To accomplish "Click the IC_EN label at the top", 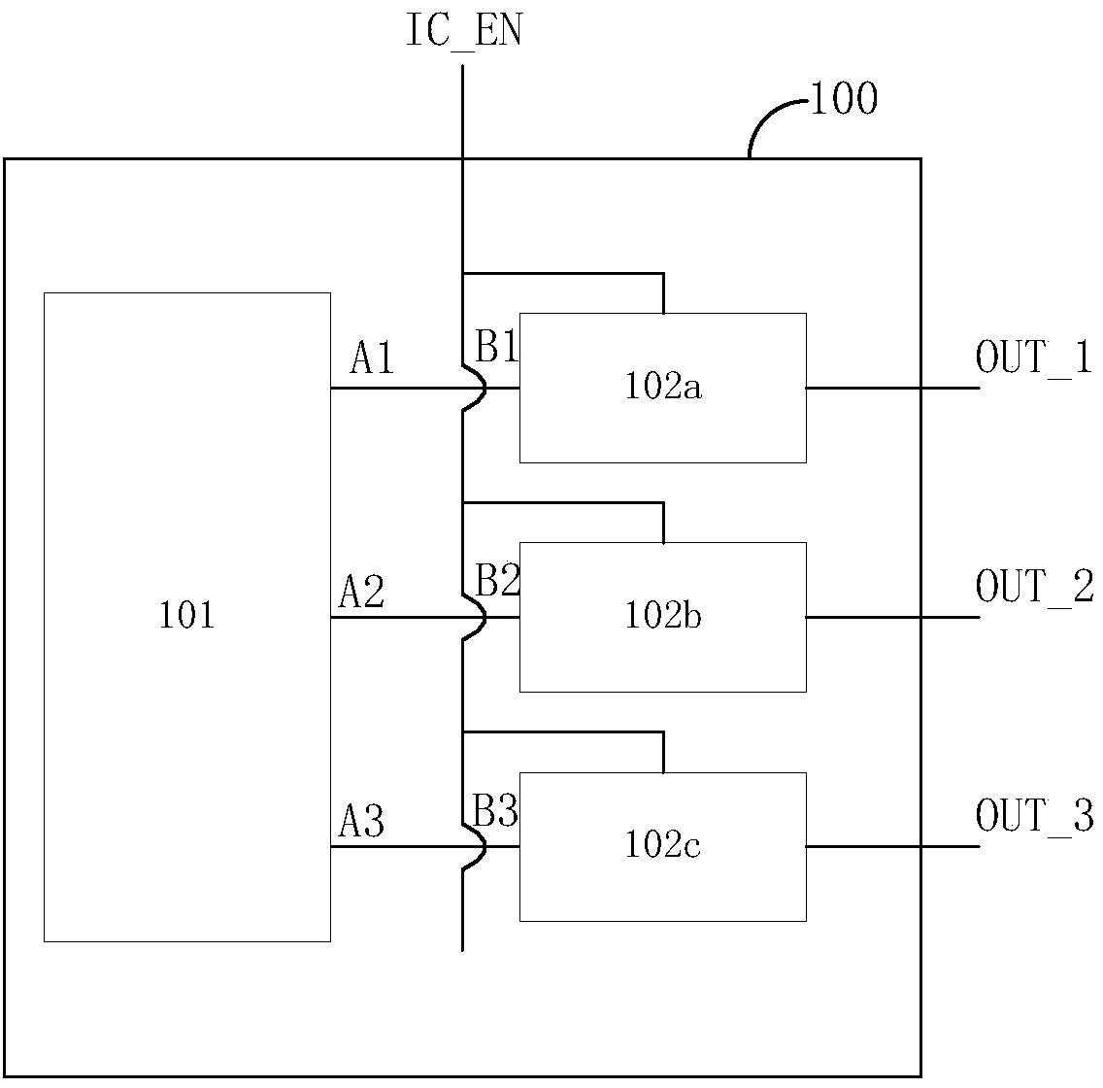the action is click(x=464, y=31).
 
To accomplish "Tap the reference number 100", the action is click(x=844, y=98).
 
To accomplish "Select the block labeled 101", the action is click(x=187, y=617).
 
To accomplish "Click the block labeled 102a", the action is click(x=662, y=388).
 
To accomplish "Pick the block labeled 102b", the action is click(x=662, y=617).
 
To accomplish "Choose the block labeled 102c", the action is click(x=662, y=847).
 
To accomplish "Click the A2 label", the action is click(x=361, y=592).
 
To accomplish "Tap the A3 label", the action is click(x=361, y=821).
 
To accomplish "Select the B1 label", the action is click(x=496, y=346).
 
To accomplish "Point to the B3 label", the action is click(x=495, y=810).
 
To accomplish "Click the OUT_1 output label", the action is click(x=1033, y=357).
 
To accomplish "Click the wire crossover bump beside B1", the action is click(x=485, y=388).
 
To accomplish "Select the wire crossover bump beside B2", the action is click(x=485, y=617).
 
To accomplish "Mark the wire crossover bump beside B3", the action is click(x=485, y=847).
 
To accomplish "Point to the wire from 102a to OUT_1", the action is click(x=892, y=388).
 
